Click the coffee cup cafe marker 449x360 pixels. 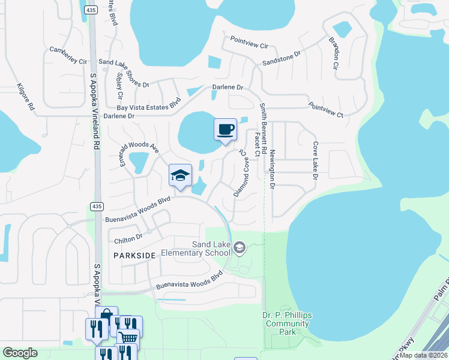(225, 130)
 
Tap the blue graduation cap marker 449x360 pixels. (180, 176)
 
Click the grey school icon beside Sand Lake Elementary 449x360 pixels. (239, 247)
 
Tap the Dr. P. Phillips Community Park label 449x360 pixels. (287, 323)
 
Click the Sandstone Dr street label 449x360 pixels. (281, 62)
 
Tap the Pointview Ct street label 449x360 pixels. (325, 109)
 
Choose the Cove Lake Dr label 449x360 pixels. (314, 160)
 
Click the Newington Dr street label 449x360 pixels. (272, 170)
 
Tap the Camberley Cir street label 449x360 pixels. (68, 56)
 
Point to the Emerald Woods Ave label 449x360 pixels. (138, 154)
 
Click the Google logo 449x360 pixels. (20, 353)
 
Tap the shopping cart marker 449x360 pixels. (128, 337)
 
